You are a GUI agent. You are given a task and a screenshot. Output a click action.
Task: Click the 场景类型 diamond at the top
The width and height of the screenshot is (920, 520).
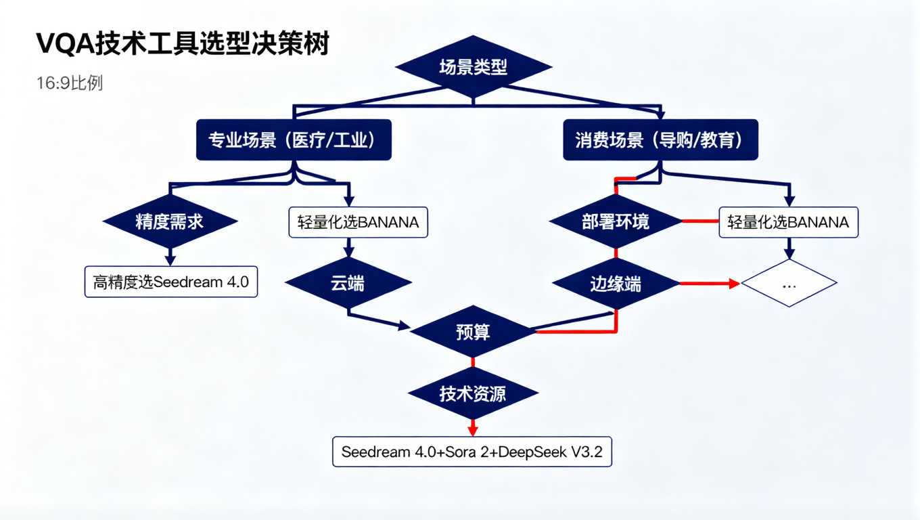[474, 67]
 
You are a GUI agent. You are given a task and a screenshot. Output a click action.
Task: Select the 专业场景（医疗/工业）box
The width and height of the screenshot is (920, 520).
[294, 140]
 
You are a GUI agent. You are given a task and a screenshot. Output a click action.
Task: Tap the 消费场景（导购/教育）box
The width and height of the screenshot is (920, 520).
[660, 140]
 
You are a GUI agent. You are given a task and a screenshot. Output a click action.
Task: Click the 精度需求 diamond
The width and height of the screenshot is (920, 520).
[170, 221]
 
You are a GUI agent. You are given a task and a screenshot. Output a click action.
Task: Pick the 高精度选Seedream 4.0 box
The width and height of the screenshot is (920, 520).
[171, 282]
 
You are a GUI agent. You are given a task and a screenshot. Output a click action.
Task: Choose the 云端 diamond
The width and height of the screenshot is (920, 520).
[348, 283]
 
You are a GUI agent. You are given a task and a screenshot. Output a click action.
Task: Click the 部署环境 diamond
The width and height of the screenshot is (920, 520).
[616, 221]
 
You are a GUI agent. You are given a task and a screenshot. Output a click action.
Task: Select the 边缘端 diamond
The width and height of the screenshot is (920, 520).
[616, 284]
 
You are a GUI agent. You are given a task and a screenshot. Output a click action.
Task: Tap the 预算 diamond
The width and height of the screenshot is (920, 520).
[473, 332]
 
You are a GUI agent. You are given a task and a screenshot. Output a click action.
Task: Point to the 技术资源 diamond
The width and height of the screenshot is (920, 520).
[473, 393]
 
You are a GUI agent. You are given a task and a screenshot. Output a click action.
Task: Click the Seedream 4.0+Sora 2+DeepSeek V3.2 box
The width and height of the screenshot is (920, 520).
[472, 452]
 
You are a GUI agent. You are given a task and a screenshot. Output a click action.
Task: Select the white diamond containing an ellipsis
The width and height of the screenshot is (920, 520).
[789, 284]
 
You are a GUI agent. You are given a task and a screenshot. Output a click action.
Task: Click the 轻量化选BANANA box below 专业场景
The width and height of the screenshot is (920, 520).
[359, 222]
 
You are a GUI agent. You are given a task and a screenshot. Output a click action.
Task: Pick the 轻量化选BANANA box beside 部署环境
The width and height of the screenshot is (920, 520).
[788, 222]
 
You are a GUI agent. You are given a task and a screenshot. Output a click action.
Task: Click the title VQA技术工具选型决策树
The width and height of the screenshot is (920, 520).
[183, 45]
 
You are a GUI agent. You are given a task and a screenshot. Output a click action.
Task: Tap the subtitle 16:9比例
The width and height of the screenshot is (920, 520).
[70, 83]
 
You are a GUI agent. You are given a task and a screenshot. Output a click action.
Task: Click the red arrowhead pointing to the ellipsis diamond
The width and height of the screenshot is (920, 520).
[735, 284]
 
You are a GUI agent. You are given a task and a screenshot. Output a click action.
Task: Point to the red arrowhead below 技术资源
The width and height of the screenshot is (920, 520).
[473, 431]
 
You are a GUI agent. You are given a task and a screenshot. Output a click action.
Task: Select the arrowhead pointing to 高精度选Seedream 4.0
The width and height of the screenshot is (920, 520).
[170, 260]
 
